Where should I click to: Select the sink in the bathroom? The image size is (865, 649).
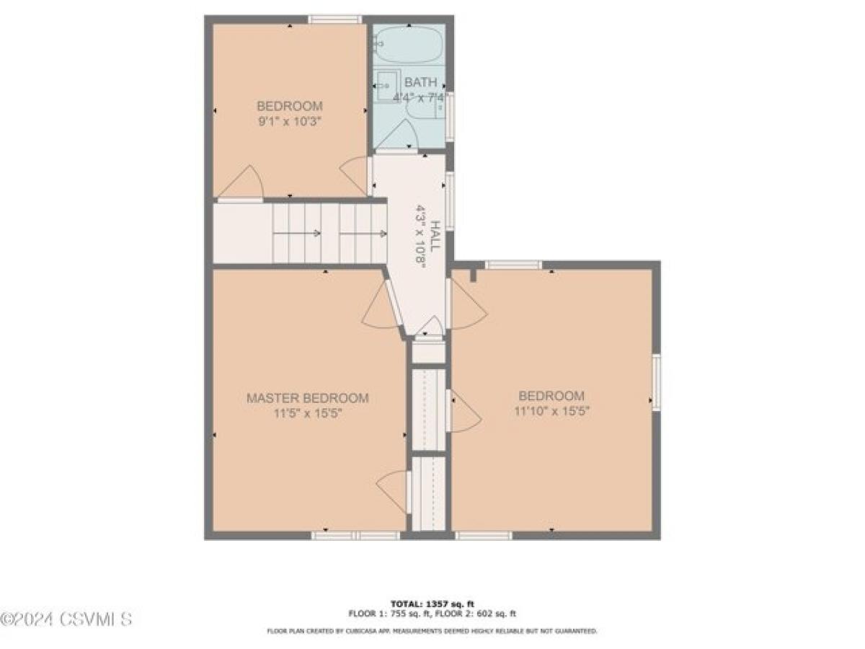(388, 86)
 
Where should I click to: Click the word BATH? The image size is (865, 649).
(420, 81)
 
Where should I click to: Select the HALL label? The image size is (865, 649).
(435, 235)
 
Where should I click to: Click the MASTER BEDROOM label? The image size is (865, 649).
(308, 398)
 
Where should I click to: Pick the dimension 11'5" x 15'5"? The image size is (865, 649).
(308, 414)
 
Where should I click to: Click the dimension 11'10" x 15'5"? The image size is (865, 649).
(551, 412)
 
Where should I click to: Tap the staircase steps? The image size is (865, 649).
(329, 233)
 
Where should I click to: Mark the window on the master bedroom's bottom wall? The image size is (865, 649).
(355, 536)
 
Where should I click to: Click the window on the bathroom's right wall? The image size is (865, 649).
(450, 116)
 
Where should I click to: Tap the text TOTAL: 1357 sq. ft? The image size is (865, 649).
(432, 604)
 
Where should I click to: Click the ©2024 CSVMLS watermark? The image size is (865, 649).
(66, 619)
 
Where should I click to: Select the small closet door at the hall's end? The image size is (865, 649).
(430, 328)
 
